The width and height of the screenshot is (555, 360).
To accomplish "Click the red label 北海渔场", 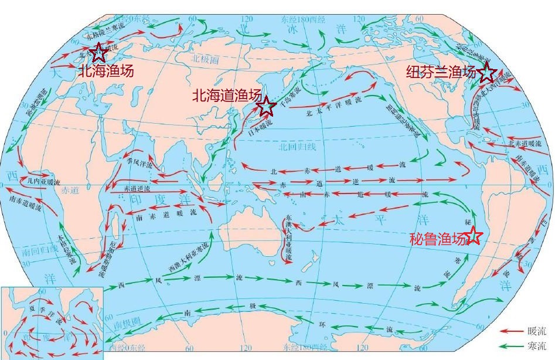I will click(106, 72).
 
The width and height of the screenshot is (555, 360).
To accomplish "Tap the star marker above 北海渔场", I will click(98, 52).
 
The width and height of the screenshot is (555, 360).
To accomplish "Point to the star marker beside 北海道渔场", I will click(267, 107).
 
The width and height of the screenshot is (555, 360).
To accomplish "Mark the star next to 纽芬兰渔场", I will click(486, 73).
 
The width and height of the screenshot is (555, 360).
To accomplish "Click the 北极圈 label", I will click(205, 59).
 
